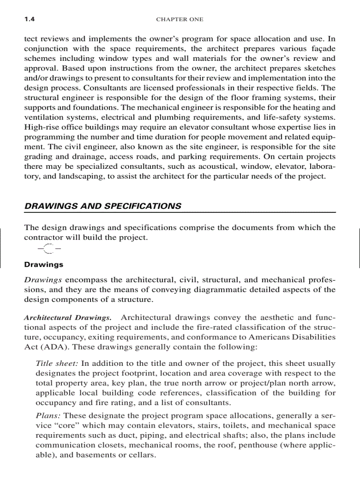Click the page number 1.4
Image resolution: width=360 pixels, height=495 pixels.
pos(29,19)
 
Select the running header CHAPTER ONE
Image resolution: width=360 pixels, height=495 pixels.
pos(180,19)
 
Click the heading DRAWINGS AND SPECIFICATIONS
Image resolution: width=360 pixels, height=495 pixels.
pos(102,206)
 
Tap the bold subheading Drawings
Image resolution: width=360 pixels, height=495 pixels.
pos(43,264)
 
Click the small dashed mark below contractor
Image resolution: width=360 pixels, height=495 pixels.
pos(49,249)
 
